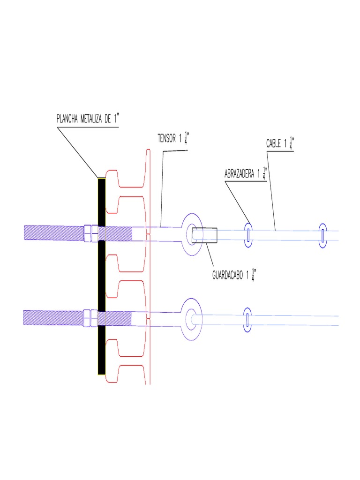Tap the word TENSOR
(166, 138)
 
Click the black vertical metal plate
(101, 277)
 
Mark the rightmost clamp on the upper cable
(323, 234)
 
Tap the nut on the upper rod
(88, 232)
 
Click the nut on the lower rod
(88, 317)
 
